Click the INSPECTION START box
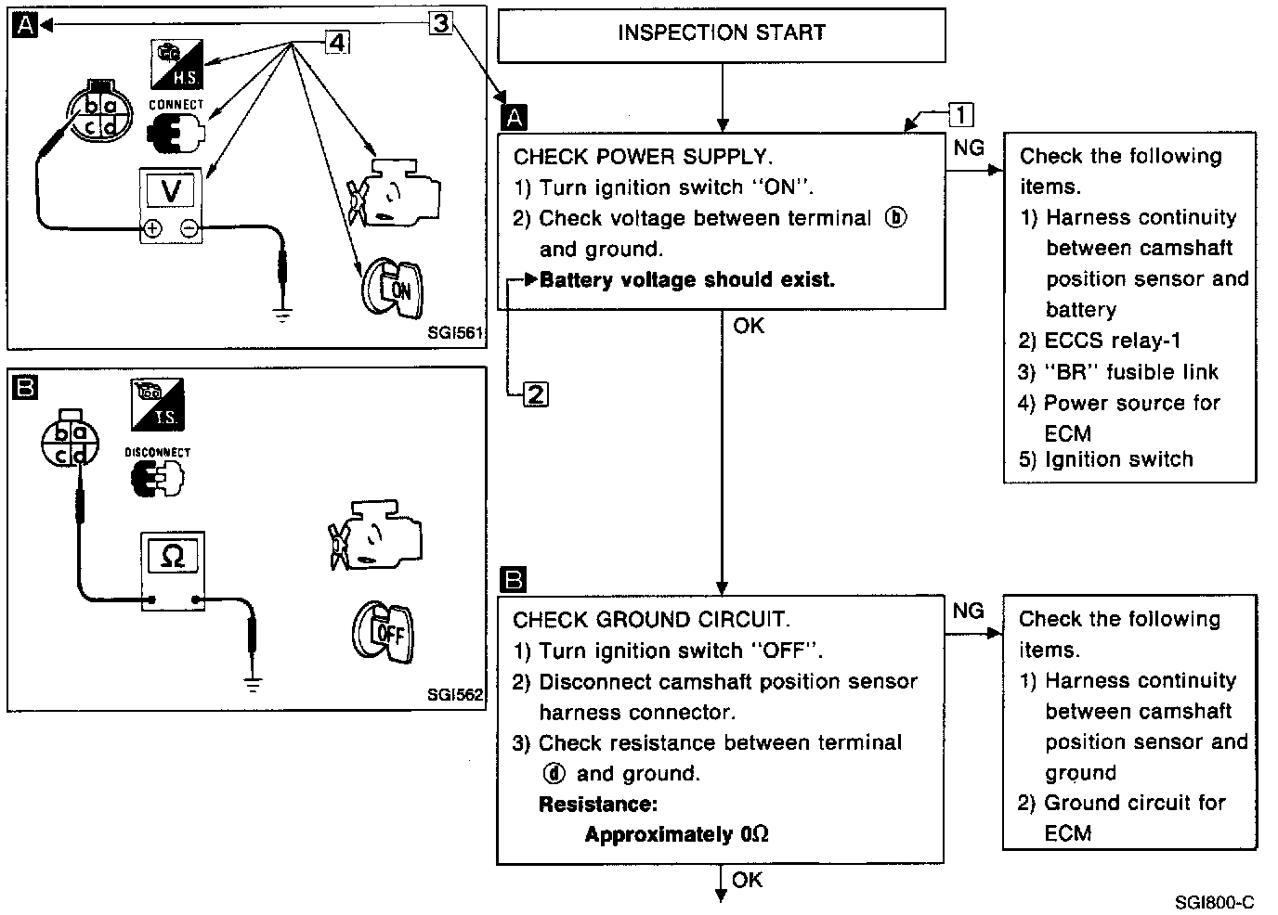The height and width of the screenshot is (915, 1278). tap(722, 34)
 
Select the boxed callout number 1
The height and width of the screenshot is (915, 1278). tap(960, 115)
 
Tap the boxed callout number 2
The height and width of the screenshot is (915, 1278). tap(536, 394)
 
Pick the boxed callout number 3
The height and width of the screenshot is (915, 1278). tap(441, 22)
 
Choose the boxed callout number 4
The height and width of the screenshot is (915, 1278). tap(337, 43)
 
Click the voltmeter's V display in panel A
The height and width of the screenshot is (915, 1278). tap(172, 191)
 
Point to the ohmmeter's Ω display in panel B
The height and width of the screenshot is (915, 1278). tap(173, 556)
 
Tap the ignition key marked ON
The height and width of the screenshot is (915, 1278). tap(391, 287)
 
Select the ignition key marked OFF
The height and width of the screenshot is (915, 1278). tap(384, 633)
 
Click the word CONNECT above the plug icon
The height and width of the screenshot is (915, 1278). tap(176, 105)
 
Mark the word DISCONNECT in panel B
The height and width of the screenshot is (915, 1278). tap(157, 453)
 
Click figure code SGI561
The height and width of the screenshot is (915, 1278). tap(455, 331)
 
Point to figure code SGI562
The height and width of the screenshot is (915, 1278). tap(455, 694)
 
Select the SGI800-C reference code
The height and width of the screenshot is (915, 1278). tap(1214, 902)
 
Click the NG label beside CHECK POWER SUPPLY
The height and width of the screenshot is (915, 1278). tap(969, 148)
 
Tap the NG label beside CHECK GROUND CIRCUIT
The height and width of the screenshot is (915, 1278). tap(968, 610)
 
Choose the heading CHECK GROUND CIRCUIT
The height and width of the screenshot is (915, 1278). tap(651, 620)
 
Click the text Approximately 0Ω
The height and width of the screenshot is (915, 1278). tap(676, 834)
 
